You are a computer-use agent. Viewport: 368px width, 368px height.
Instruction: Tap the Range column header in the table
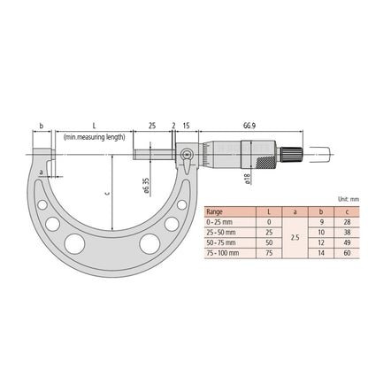pyautogui.click(x=214, y=212)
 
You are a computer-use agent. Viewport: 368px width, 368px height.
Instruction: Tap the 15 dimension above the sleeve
pyautogui.click(x=187, y=126)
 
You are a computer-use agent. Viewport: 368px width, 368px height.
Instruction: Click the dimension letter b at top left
pyautogui.click(x=41, y=126)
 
